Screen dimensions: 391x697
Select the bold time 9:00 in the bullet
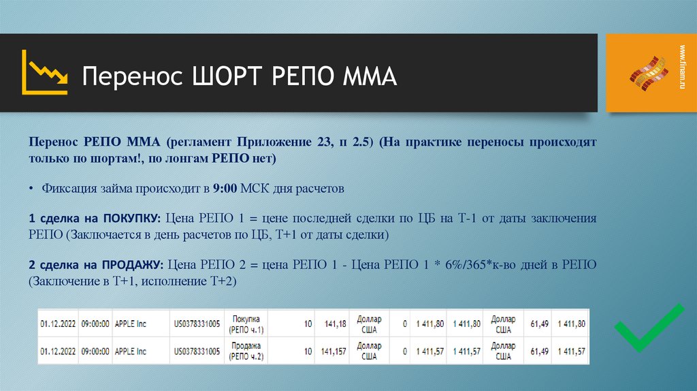tap(224, 188)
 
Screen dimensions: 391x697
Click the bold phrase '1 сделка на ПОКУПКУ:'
tap(94, 219)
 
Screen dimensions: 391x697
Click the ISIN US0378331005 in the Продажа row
tap(197, 352)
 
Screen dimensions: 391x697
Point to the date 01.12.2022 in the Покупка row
tap(58, 324)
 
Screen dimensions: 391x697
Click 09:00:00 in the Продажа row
tap(95, 352)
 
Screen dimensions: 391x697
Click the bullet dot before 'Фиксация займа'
tap(32, 189)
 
